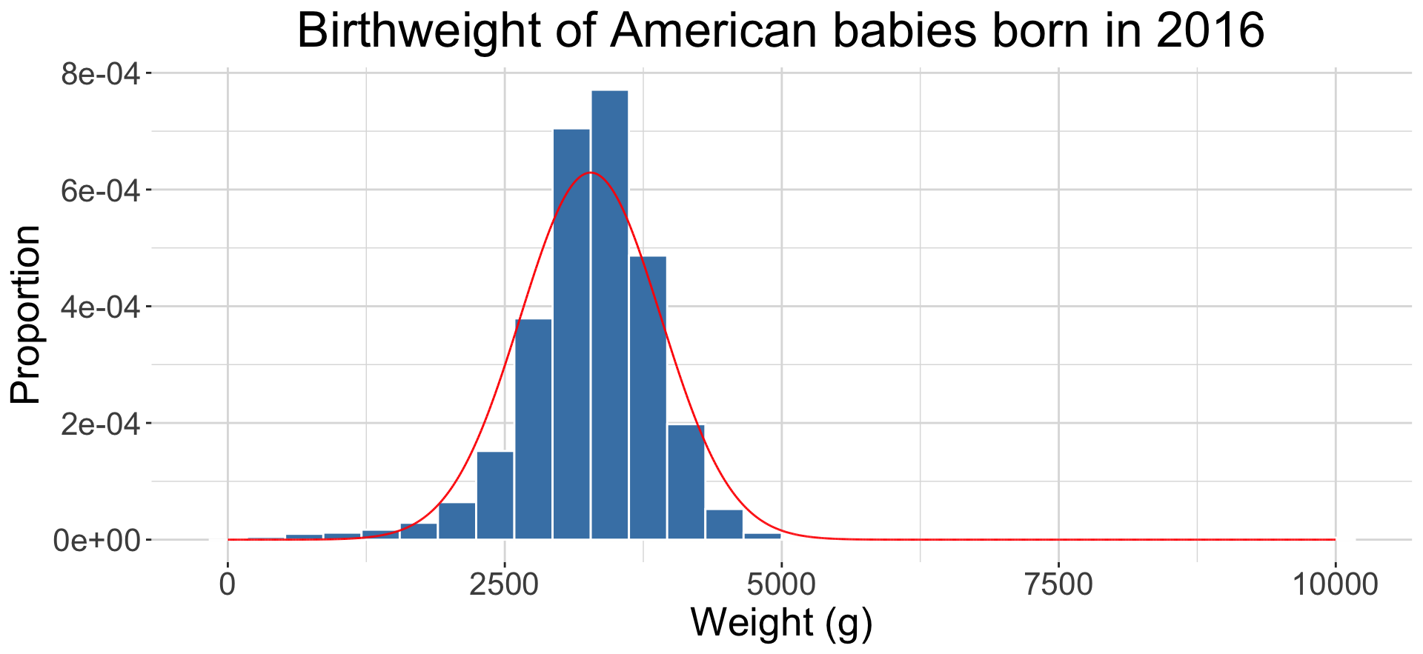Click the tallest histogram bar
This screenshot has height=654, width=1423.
(609, 315)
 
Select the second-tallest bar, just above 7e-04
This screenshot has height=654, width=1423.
(571, 333)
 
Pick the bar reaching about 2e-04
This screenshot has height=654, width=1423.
(686, 481)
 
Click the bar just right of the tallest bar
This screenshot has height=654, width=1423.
(648, 397)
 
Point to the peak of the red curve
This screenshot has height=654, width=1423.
(590, 173)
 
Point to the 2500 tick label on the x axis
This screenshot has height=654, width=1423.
(504, 585)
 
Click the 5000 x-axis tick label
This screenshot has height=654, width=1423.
(781, 585)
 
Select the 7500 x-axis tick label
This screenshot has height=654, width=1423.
(1058, 585)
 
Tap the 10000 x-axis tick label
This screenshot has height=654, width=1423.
(1335, 585)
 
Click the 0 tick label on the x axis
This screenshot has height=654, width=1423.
(228, 585)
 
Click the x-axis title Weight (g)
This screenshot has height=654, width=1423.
(781, 622)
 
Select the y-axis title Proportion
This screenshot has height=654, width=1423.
(26, 315)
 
